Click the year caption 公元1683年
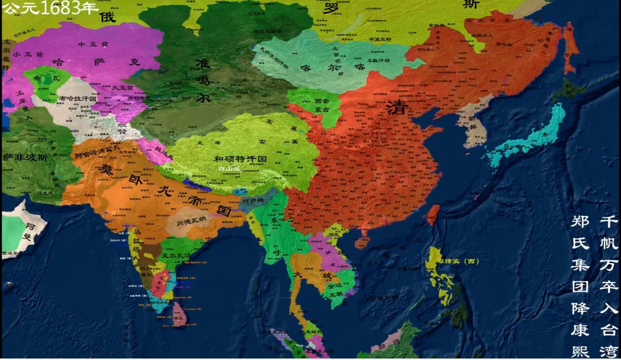pos(50,7)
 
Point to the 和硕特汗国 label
pos(240,159)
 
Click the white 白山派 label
pos(229,168)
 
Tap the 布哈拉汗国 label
pos(77,99)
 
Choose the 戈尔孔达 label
pos(175,255)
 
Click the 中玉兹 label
pos(93,44)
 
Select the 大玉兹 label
pos(122,87)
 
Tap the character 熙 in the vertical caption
pos(581,351)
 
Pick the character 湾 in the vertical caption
pos(610,351)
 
